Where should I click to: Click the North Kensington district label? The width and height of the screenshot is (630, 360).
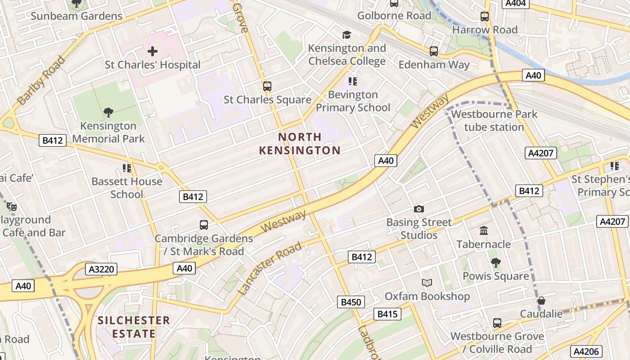coord(299,144)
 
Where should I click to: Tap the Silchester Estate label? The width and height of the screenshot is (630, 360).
coord(134,327)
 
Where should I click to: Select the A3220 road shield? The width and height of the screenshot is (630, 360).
coord(101,270)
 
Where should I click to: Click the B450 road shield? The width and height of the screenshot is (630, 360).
coord(351,302)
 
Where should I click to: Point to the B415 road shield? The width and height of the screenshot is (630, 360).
coord(387,314)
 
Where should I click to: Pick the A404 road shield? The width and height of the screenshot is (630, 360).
coord(515,4)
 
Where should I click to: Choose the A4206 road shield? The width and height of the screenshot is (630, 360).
coord(586,351)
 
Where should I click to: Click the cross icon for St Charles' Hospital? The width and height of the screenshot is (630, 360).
coord(153,51)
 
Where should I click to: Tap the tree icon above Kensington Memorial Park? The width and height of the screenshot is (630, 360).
coord(108,112)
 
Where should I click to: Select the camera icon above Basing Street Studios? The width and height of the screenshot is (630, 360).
coord(419,209)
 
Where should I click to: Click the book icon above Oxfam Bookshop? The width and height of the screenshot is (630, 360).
coord(427,283)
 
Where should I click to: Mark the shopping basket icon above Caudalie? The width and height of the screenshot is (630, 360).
coord(541,300)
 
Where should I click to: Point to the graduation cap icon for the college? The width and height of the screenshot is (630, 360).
coord(346,35)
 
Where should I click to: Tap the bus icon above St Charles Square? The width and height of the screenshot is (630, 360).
coord(267,86)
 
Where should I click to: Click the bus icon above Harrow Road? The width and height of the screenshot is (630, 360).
coord(485,17)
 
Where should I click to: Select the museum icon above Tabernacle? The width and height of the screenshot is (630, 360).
coord(484,231)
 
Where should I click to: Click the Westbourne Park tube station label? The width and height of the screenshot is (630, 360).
coord(494,121)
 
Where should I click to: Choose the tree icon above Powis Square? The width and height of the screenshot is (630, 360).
coord(495,262)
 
